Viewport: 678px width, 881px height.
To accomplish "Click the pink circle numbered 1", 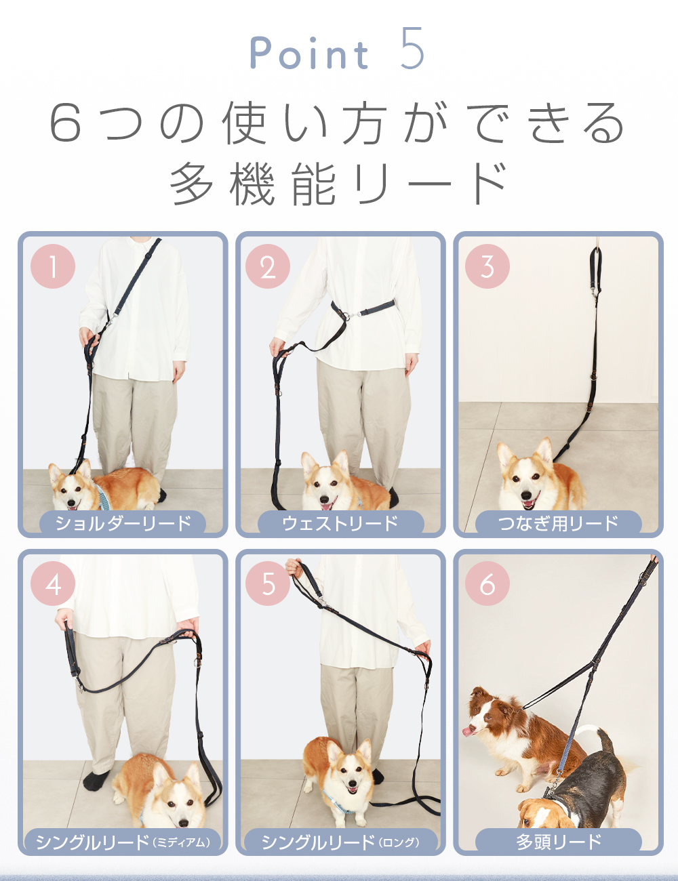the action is (x=53, y=266).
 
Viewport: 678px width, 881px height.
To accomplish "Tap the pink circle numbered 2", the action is (x=268, y=266).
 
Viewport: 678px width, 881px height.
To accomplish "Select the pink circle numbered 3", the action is (x=487, y=266).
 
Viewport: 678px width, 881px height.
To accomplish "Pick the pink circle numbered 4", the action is (x=53, y=583).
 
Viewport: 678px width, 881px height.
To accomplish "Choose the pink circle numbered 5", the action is (x=268, y=583).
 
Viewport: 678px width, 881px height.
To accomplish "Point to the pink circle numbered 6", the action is (x=487, y=583).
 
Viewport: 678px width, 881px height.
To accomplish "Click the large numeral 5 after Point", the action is (x=412, y=48).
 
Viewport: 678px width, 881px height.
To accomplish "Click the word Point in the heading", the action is (x=309, y=53).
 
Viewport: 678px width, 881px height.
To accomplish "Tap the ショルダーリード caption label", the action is (x=123, y=523).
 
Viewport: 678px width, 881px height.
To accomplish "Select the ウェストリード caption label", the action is (x=340, y=523).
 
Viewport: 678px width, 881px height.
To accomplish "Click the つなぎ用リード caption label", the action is (x=559, y=523).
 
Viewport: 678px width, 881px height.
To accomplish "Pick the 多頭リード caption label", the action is (x=559, y=841).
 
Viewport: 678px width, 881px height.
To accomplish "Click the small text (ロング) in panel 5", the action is (x=399, y=842).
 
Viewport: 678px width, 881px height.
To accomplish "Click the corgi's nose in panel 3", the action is (x=526, y=495).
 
